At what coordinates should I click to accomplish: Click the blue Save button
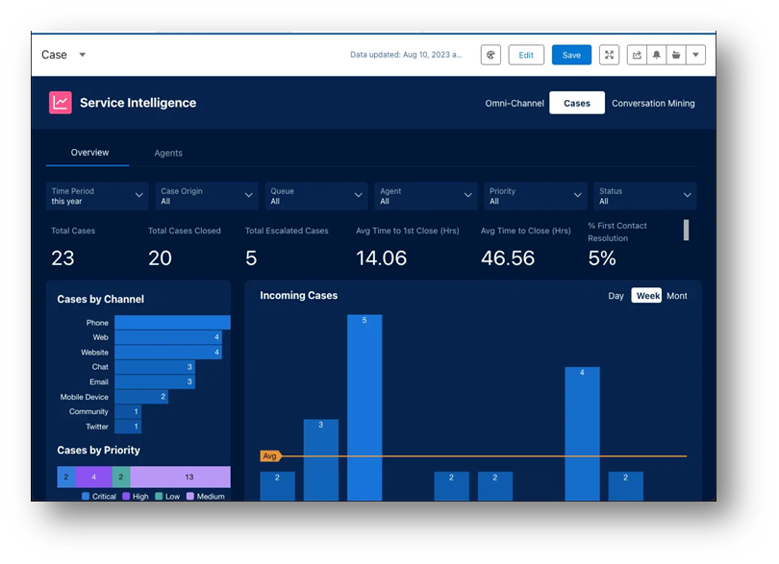pyautogui.click(x=571, y=55)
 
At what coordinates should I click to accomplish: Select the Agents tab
pyautogui.click(x=168, y=153)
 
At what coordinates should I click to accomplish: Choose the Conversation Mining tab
pyautogui.click(x=653, y=103)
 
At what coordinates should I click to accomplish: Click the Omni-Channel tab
pyautogui.click(x=515, y=103)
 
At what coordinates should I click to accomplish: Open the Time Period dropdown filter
pyautogui.click(x=97, y=196)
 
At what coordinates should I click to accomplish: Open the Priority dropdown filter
pyautogui.click(x=535, y=196)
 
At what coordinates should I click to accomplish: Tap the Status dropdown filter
pyautogui.click(x=644, y=196)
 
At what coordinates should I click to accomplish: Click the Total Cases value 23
pyautogui.click(x=63, y=257)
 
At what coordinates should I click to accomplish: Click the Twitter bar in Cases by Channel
pyautogui.click(x=128, y=426)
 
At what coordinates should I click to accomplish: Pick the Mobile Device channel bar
pyautogui.click(x=141, y=396)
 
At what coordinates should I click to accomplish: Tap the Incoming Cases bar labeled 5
pyautogui.click(x=364, y=404)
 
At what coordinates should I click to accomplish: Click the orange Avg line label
pyautogui.click(x=269, y=456)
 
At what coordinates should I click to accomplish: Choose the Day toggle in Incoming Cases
pyautogui.click(x=616, y=296)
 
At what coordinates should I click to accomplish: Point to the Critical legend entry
pyautogui.click(x=99, y=496)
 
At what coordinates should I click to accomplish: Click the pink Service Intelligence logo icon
pyautogui.click(x=61, y=103)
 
